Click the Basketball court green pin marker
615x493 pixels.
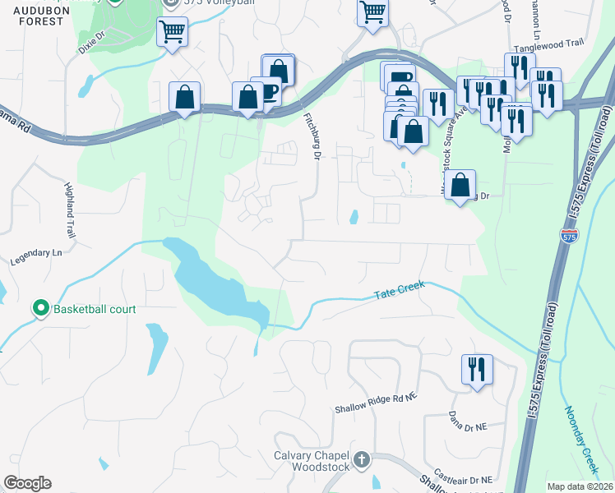tap(40, 309)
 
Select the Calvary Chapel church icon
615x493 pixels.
tap(362, 460)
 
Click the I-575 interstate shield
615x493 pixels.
tap(569, 236)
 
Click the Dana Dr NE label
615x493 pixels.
tap(469, 421)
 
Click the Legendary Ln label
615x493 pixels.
tap(36, 259)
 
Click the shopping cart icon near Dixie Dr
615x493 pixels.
tap(172, 32)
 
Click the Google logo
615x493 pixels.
tap(27, 483)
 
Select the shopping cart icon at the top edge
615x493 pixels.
tap(372, 12)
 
